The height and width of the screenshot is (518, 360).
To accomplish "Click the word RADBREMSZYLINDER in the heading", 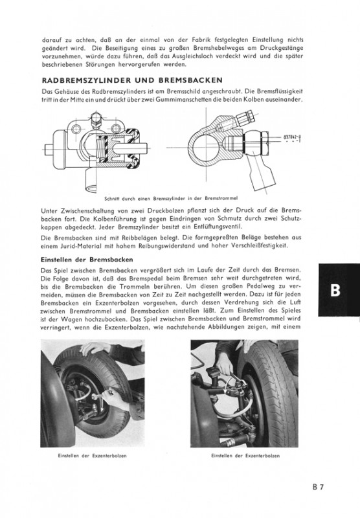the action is pyautogui.click(x=87, y=80).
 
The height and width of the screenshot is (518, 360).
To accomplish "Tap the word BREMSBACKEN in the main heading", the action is pyautogui.click(x=190, y=80).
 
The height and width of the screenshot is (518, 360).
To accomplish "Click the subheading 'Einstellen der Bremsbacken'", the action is pyautogui.click(x=87, y=260).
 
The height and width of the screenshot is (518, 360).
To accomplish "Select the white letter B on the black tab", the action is pyautogui.click(x=335, y=290).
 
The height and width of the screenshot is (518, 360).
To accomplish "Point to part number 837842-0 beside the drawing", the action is pyautogui.click(x=293, y=137).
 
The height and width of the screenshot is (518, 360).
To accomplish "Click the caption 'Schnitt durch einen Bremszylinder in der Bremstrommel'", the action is pyautogui.click(x=171, y=199).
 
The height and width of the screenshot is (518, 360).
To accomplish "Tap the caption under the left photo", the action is pyautogui.click(x=92, y=456).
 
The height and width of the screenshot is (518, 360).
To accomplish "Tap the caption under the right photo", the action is pyautogui.click(x=245, y=456).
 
